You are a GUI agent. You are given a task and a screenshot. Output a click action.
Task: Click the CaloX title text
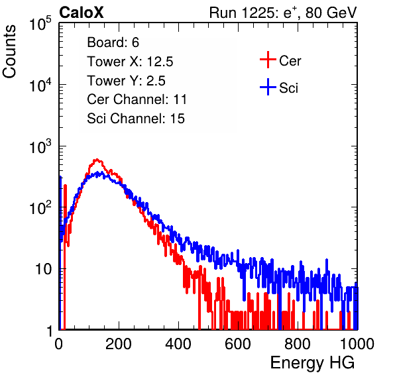click(x=81, y=13)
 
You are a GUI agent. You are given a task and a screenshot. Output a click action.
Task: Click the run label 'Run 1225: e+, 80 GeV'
click(x=283, y=13)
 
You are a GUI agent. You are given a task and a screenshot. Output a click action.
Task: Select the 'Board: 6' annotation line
click(x=113, y=42)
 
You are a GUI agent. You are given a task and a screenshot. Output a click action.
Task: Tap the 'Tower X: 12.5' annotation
click(x=130, y=62)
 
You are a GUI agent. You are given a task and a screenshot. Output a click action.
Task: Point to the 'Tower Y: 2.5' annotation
click(x=126, y=81)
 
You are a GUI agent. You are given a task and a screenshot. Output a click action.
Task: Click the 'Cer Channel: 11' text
click(x=137, y=99)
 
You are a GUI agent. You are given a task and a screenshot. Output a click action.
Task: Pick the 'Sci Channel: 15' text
click(x=136, y=119)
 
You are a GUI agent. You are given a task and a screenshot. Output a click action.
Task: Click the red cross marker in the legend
click(x=268, y=60)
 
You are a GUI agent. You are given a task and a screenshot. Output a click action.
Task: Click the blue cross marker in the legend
click(x=268, y=87)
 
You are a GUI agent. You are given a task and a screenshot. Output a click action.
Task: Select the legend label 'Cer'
click(x=290, y=61)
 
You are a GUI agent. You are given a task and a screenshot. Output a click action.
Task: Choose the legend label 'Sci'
click(x=288, y=88)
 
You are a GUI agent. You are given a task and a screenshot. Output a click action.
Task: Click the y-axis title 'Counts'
click(x=9, y=52)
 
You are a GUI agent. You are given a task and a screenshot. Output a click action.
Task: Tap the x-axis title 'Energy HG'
click(x=312, y=362)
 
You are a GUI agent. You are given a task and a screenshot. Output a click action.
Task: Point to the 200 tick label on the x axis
click(x=119, y=344)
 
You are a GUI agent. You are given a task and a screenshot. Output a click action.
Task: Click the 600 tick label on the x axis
click(x=238, y=344)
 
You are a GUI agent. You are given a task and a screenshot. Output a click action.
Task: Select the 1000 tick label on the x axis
click(x=357, y=344)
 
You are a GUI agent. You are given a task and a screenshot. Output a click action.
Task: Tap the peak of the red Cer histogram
click(x=97, y=160)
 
